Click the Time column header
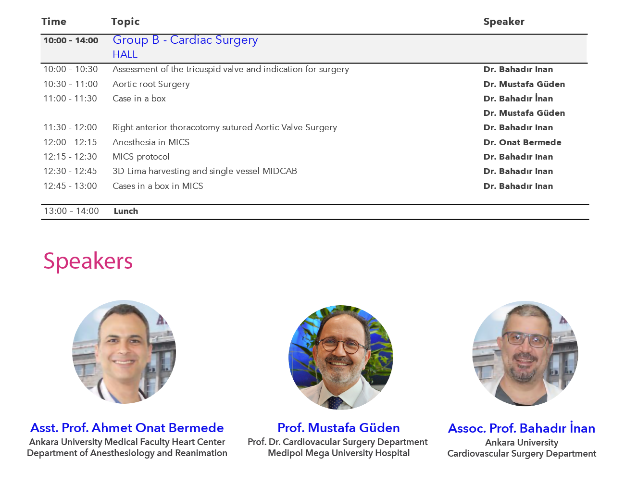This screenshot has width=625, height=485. [54, 22]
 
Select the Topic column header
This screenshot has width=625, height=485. [125, 22]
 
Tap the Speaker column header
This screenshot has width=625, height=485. [504, 22]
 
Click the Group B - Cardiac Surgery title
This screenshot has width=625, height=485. [185, 40]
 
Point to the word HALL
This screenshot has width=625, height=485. [125, 54]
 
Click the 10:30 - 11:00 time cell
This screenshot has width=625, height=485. [71, 84]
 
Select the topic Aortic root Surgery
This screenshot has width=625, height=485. [151, 84]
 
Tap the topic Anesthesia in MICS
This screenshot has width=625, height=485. [151, 142]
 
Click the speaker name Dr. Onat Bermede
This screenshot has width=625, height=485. [522, 142]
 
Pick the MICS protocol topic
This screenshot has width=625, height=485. [141, 157]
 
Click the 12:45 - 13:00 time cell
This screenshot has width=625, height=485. [70, 186]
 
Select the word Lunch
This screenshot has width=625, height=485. [126, 211]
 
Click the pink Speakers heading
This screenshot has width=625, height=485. [88, 261]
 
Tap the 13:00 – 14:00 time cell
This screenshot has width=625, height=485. [71, 211]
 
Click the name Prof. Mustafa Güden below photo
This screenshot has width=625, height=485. [338, 428]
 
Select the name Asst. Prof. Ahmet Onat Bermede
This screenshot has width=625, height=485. [127, 428]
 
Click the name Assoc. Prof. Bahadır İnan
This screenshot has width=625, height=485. [522, 428]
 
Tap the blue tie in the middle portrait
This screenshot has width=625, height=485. [336, 402]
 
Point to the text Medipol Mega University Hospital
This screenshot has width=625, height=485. [338, 453]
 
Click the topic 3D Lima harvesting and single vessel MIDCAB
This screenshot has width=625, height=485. [204, 171]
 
